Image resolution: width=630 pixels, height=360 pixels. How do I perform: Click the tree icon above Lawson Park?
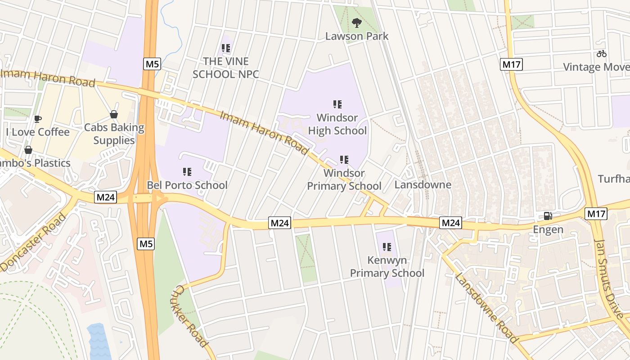point(357,22)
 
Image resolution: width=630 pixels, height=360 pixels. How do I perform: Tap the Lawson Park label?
point(357,36)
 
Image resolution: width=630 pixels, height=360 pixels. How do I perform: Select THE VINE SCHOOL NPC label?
point(226,67)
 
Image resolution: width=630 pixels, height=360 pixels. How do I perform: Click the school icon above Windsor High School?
point(337,104)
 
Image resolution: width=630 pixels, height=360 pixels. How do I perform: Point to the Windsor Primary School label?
point(344,180)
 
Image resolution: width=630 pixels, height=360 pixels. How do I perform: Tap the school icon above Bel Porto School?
point(187,171)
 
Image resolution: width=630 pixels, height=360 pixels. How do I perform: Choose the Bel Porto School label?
point(187,185)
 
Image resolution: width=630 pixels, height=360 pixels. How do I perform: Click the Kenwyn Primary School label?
point(387,266)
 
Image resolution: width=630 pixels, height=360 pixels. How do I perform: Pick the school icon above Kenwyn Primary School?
point(387,247)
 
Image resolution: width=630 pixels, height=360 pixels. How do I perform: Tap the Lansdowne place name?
point(423,185)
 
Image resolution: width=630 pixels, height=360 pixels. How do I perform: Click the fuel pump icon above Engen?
point(548,216)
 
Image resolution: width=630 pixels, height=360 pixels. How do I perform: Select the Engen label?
point(548,229)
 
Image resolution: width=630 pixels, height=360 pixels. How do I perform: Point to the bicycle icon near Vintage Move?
point(602,54)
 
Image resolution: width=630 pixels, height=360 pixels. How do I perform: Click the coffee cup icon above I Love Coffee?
point(38,119)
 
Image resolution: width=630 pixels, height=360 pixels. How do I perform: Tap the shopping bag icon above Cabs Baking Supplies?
point(114,114)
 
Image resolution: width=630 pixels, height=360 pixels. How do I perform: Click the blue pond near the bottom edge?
point(99,342)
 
